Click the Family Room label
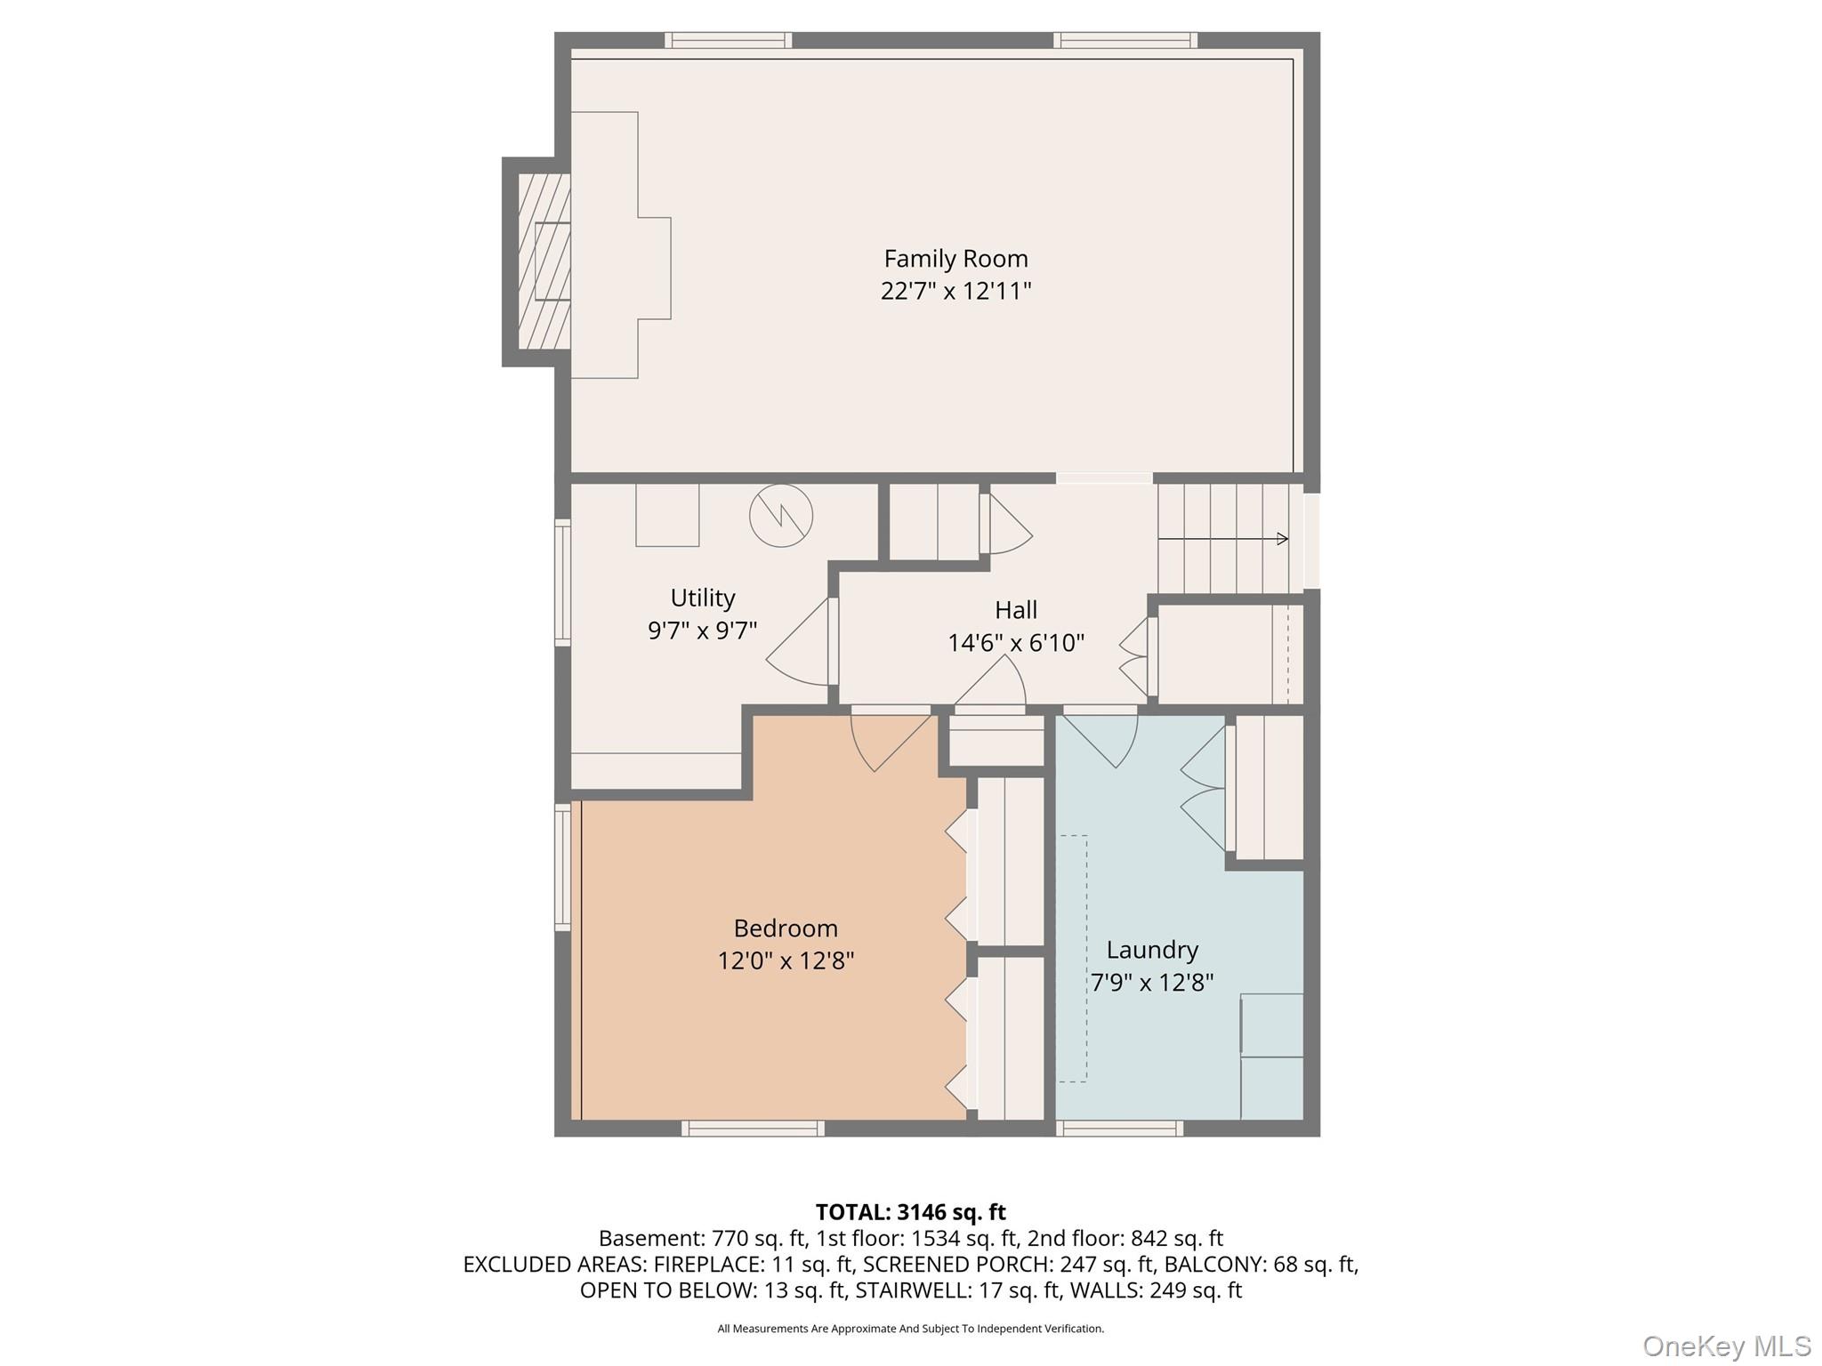pyautogui.click(x=955, y=259)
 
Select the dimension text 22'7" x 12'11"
pyautogui.click(x=955, y=292)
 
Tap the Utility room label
pyautogui.click(x=702, y=598)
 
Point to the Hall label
pyautogui.click(x=1015, y=610)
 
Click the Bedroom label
pyautogui.click(x=786, y=928)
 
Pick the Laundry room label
pyautogui.click(x=1152, y=950)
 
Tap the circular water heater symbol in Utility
pyautogui.click(x=781, y=516)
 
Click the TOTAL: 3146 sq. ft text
pyautogui.click(x=910, y=1212)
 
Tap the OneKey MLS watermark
pyautogui.click(x=1726, y=1346)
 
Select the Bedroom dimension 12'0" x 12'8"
pyautogui.click(x=786, y=961)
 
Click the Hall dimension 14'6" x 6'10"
pyautogui.click(x=1015, y=643)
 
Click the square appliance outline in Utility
pyautogui.click(x=667, y=515)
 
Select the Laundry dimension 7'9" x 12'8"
pyautogui.click(x=1152, y=983)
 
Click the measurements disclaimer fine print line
pyautogui.click(x=910, y=1329)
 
